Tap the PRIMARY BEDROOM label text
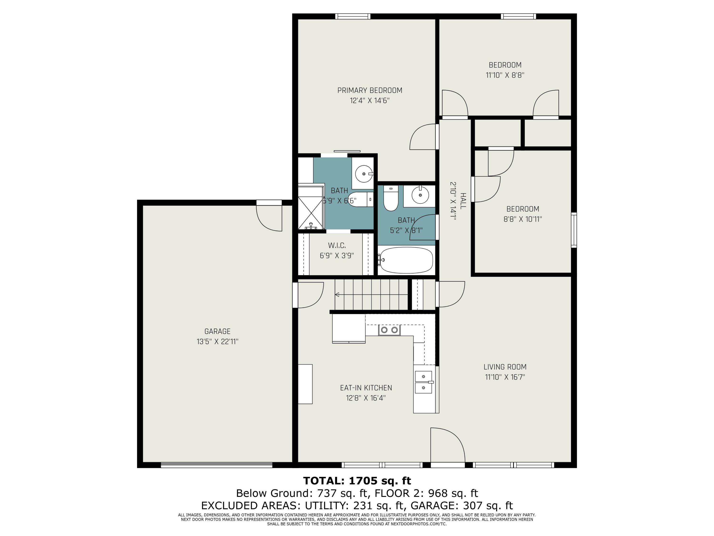[370, 91]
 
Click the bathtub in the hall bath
[407, 260]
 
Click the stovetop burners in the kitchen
[389, 330]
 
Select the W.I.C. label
[337, 246]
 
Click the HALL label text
[463, 201]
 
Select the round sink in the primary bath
[364, 174]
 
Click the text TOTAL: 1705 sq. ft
[357, 481]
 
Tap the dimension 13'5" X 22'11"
[217, 342]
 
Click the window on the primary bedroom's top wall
[352, 16]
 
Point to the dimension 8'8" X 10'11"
[523, 219]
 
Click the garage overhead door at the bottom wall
[217, 465]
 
